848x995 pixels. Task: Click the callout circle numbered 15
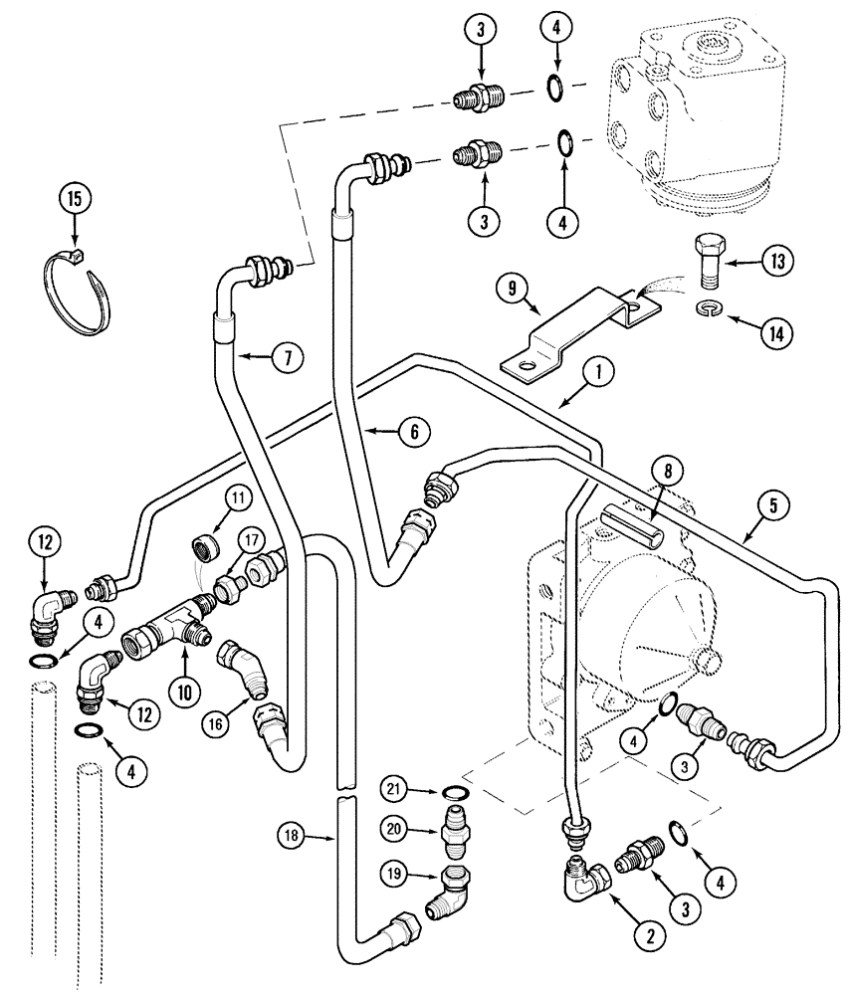click(72, 198)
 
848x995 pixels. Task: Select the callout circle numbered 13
click(776, 262)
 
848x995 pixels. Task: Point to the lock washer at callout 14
click(709, 309)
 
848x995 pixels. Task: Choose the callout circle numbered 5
click(773, 505)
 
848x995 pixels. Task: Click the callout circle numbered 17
click(250, 543)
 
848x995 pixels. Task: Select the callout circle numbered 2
click(650, 934)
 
